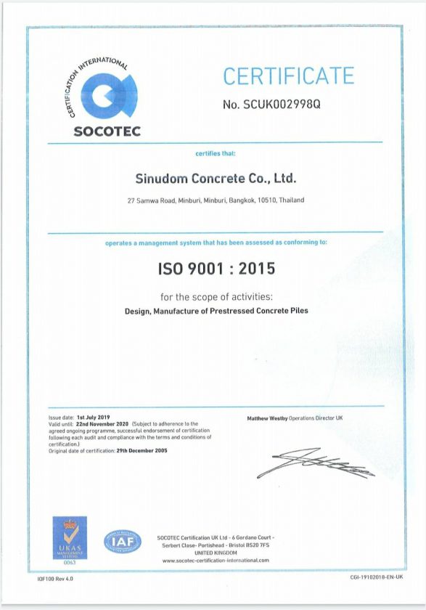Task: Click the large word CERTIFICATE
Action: point(288,76)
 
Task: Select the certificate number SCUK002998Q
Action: point(271,104)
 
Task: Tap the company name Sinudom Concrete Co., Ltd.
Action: point(216,178)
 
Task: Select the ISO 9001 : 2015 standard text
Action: point(216,269)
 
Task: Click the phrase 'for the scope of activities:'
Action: point(216,297)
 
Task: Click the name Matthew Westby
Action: point(267,419)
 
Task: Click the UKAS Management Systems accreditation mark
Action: point(70,540)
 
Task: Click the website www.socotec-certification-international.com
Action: point(216,560)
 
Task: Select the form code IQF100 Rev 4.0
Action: point(55,579)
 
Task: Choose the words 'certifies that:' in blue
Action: point(216,154)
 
